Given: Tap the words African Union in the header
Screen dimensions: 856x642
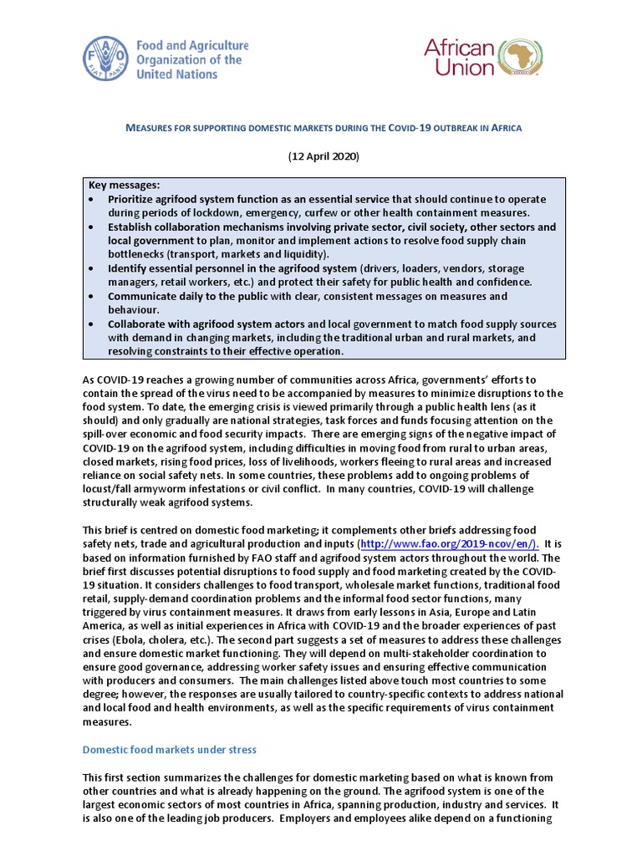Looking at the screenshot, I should pos(460,58).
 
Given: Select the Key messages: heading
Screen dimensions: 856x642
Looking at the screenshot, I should pos(124,185).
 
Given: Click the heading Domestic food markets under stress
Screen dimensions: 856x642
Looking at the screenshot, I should pos(169,749).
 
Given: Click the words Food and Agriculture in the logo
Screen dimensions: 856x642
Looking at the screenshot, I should pos(186,46).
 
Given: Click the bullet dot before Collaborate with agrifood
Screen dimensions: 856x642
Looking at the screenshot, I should pos(91,324).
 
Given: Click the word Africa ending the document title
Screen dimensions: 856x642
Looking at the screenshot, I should pos(505,128).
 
